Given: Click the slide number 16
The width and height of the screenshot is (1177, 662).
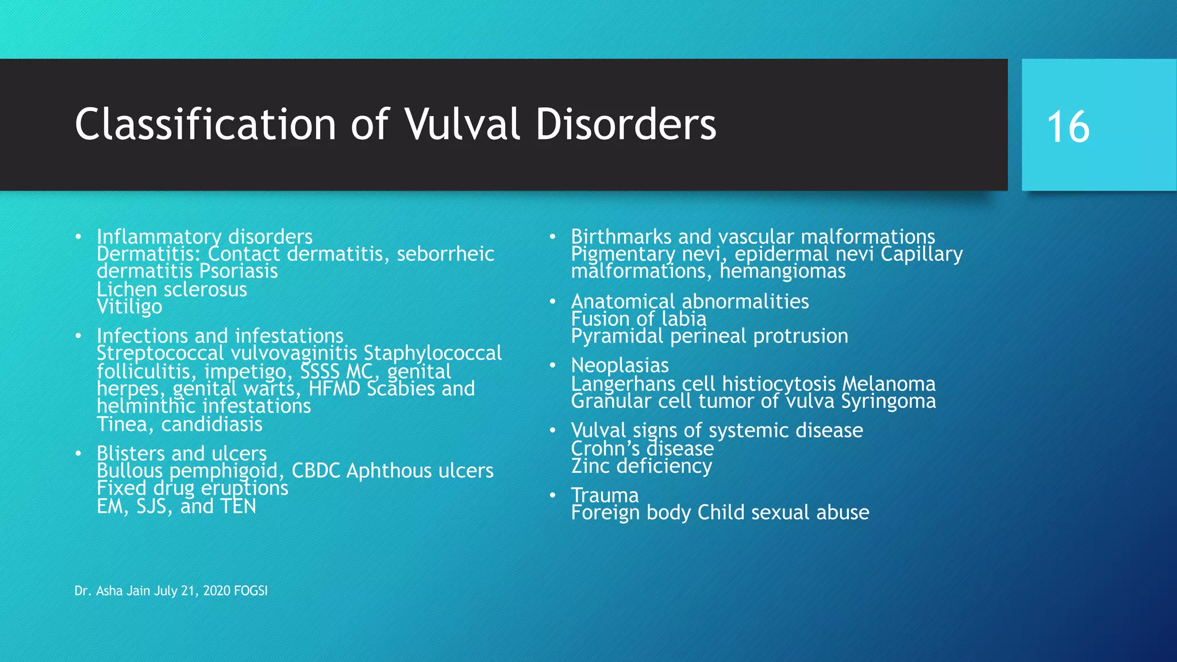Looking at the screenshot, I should pyautogui.click(x=1068, y=127).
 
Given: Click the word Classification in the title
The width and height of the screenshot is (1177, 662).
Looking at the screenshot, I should pyautogui.click(x=205, y=124).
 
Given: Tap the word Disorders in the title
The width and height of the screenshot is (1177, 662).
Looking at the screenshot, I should pyautogui.click(x=626, y=124).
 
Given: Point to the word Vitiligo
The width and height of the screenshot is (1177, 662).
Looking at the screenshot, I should pyautogui.click(x=129, y=307).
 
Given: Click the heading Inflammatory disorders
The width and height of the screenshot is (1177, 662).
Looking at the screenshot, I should pyautogui.click(x=205, y=236).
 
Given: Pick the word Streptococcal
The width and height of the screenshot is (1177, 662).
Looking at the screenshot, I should pyautogui.click(x=160, y=353).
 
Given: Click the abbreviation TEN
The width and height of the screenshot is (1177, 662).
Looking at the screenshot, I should pyautogui.click(x=237, y=506).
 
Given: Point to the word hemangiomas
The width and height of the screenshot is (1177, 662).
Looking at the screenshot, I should pyautogui.click(x=782, y=271).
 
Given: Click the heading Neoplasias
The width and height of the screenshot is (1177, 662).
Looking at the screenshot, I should pyautogui.click(x=620, y=365).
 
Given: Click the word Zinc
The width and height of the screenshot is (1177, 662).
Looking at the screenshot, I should pyautogui.click(x=591, y=466).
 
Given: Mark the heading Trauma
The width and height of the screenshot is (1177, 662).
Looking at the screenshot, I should pyautogui.click(x=605, y=495).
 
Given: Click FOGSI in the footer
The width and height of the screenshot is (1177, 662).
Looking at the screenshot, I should pyautogui.click(x=251, y=591).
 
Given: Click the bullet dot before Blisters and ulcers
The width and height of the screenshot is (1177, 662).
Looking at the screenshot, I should pyautogui.click(x=78, y=454).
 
